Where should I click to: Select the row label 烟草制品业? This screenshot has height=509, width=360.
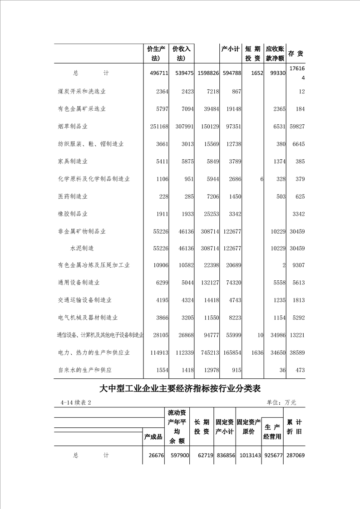coord(73,127)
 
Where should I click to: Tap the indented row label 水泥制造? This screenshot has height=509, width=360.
coord(82,249)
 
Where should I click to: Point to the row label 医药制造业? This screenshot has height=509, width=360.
coord(73,196)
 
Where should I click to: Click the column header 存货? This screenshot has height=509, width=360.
coord(296,54)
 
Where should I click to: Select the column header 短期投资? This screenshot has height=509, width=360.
coord(252,54)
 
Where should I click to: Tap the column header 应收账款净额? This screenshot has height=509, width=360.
coord(275,54)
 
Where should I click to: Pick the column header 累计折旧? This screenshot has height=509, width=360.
coord(294,426)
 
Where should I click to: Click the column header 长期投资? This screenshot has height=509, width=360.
coord(202,427)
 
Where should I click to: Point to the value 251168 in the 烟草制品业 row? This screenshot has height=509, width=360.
coord(156,127)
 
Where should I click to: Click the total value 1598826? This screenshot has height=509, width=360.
coord(207,73)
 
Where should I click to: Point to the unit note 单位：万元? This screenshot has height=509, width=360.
coord(281,402)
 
